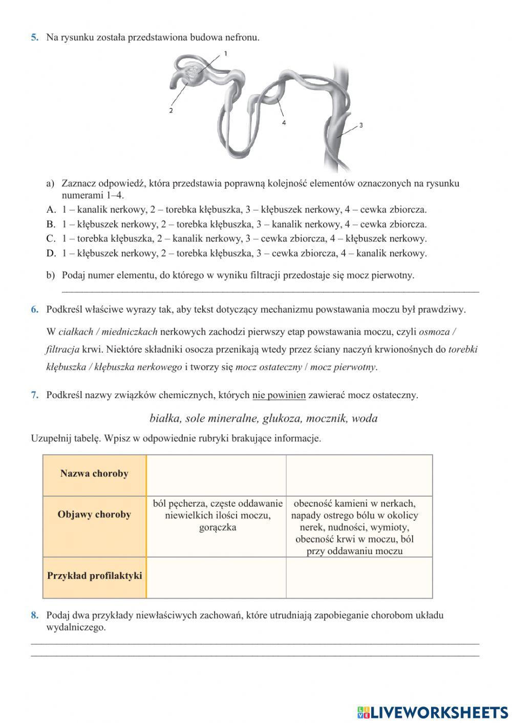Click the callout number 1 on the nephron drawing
(225, 53)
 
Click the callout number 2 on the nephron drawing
(171, 110)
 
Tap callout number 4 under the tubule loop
(284, 123)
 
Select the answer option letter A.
(51, 209)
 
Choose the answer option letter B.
(51, 224)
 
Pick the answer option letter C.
(51, 238)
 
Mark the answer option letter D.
(51, 253)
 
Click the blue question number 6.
(34, 310)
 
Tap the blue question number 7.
(34, 395)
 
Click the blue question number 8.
(34, 615)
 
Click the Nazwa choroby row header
(94, 473)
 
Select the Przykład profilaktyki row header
(94, 576)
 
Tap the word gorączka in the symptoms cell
(218, 527)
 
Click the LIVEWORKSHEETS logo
(432, 712)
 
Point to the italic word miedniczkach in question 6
(129, 332)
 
